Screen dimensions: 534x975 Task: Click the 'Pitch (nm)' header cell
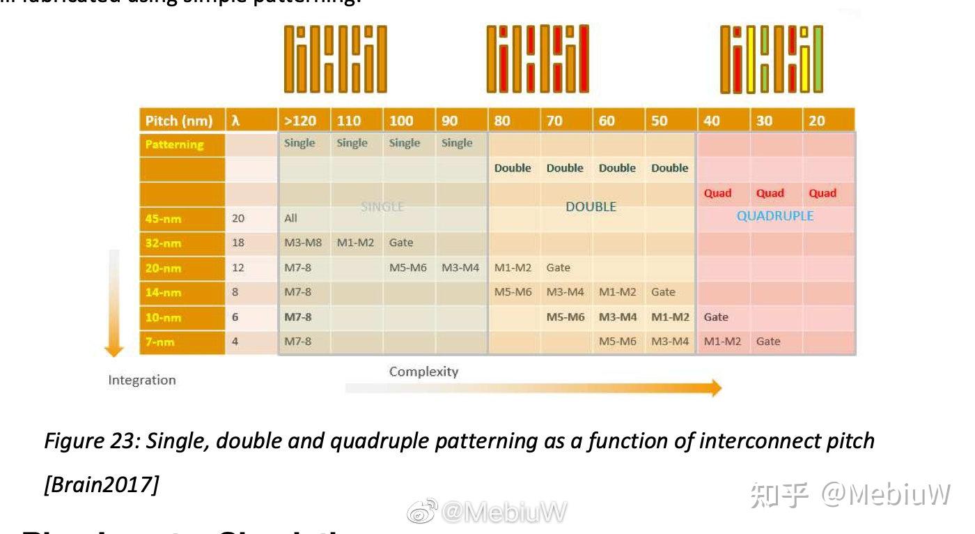click(x=179, y=121)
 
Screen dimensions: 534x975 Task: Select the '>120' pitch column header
click(x=300, y=121)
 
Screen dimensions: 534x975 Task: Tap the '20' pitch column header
click(x=817, y=121)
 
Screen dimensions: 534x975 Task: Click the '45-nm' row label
click(x=164, y=219)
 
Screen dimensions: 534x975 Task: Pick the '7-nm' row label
click(x=160, y=342)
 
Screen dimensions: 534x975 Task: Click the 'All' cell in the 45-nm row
click(x=290, y=218)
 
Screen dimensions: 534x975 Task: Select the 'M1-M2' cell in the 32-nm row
click(x=355, y=243)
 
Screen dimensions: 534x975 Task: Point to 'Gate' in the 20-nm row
click(x=558, y=268)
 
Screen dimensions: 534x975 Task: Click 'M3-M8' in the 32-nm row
click(x=302, y=243)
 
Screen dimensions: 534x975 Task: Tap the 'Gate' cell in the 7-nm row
click(x=768, y=342)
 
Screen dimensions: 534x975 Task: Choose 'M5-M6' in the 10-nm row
click(x=565, y=317)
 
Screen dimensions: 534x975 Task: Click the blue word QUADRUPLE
click(x=775, y=216)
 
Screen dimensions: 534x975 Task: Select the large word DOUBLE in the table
click(x=591, y=207)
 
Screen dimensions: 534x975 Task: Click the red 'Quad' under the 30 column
click(x=770, y=193)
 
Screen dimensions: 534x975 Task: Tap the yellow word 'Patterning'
click(x=174, y=145)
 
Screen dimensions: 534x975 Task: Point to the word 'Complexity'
click(x=423, y=372)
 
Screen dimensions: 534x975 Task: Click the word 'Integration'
click(x=142, y=380)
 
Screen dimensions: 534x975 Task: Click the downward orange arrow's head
click(x=114, y=350)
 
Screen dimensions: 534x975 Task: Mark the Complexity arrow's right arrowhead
click(x=715, y=388)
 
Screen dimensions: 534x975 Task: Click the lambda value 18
click(x=238, y=243)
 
